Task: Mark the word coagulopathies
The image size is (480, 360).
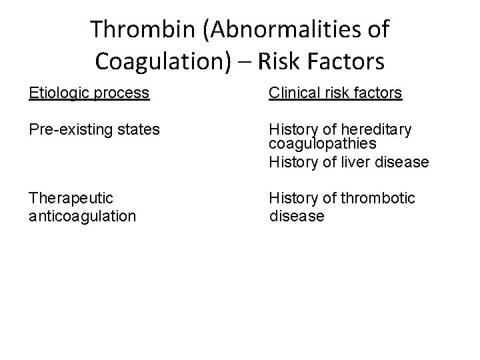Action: (323, 144)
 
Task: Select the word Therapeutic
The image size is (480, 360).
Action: (71, 198)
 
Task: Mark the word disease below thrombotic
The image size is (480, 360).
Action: (297, 216)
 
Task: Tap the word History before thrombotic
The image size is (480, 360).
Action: (293, 198)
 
